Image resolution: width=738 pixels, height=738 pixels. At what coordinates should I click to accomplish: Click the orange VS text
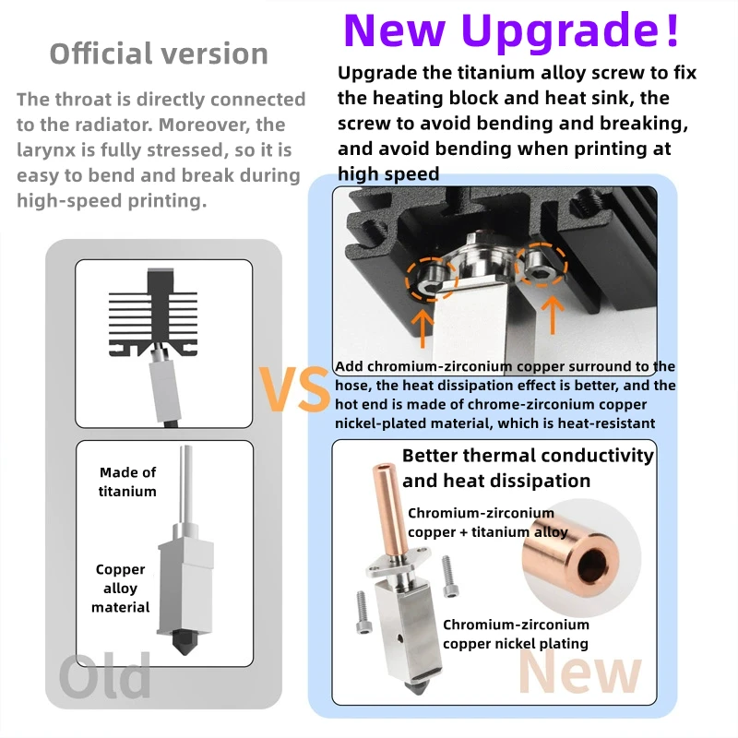pos(294,389)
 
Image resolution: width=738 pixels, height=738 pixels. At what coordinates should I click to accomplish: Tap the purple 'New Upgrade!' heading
pos(511,30)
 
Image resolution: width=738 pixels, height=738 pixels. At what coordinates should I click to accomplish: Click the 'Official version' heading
pos(159,54)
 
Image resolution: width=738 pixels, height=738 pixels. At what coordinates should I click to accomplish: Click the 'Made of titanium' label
pos(127,482)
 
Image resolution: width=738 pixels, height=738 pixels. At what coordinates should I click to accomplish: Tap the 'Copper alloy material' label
pos(121,588)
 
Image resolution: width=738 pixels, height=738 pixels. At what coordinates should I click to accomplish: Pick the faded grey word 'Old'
pos(105,676)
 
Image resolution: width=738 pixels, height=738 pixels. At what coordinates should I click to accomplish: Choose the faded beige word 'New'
pos(580,672)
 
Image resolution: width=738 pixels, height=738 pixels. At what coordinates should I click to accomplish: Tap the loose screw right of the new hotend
pos(449,577)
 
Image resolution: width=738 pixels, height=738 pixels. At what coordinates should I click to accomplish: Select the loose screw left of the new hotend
pos(363,612)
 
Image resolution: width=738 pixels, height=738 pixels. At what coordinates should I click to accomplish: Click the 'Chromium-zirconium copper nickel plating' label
pos(516,634)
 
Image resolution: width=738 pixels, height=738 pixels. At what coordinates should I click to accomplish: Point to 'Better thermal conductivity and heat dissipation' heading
pos(528,468)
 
